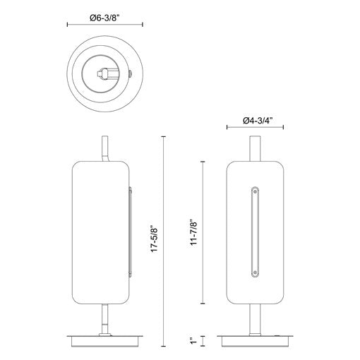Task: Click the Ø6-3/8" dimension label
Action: pyautogui.click(x=105, y=18)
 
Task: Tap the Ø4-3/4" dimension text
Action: pyautogui.click(x=258, y=121)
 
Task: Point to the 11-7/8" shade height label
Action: pyautogui.click(x=193, y=233)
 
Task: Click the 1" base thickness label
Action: pyautogui.click(x=193, y=341)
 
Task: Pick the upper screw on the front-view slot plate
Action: pyautogui.click(x=255, y=191)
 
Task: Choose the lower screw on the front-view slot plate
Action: pyautogui.click(x=255, y=273)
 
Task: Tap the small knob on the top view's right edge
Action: pyautogui.click(x=130, y=74)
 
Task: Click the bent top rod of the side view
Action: pyautogui.click(x=105, y=149)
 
